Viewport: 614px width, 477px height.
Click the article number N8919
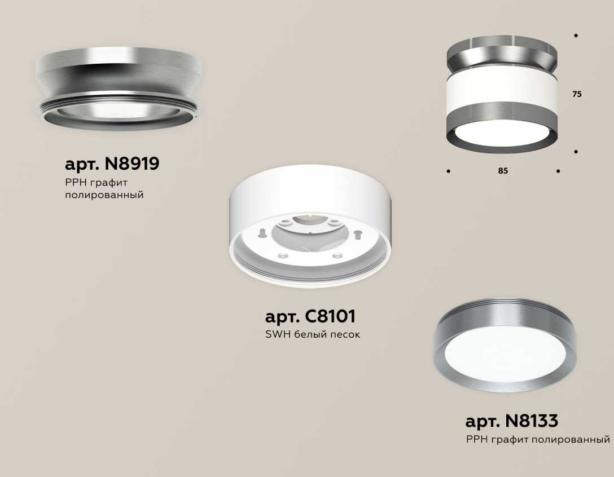coord(130,164)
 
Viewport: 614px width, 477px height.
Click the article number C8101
coord(330,316)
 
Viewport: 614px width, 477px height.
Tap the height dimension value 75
coord(576,95)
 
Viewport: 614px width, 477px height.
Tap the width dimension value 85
coord(503,171)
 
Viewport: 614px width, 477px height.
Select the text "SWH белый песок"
coord(313,334)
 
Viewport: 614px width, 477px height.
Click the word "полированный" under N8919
coord(104,195)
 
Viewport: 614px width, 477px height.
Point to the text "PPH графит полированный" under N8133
coord(538,439)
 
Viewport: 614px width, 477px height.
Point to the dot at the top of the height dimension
coord(576,36)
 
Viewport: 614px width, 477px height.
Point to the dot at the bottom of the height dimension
coord(576,152)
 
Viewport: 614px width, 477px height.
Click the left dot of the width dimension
coord(448,171)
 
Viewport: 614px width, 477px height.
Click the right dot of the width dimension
coord(558,171)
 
